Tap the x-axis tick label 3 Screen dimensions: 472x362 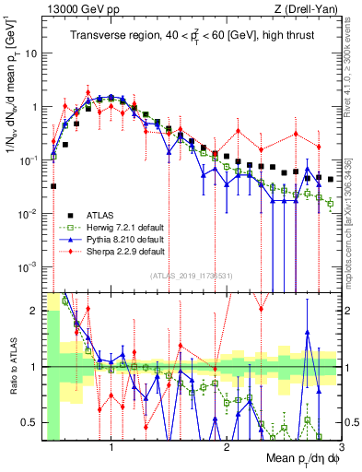point(340,447)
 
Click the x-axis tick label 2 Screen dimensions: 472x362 point(226,447)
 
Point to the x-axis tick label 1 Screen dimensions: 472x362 point(111,447)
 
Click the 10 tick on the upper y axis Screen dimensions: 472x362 point(30,53)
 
